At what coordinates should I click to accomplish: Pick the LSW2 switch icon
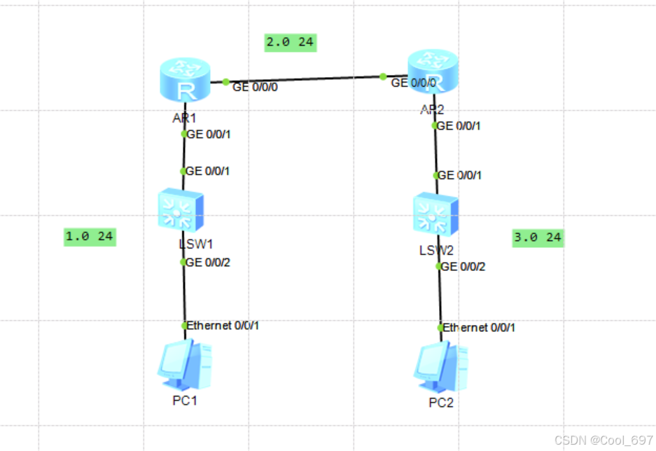(x=435, y=214)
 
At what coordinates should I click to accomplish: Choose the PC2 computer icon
(x=440, y=368)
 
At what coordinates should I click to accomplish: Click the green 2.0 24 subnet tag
(x=290, y=42)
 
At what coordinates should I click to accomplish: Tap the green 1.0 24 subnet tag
(x=89, y=237)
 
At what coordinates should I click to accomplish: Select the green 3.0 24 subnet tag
(x=538, y=238)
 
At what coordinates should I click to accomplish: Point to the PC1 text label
(x=185, y=401)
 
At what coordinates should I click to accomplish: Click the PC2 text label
(x=441, y=403)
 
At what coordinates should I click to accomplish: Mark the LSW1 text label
(x=195, y=244)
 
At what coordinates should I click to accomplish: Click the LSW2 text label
(x=437, y=250)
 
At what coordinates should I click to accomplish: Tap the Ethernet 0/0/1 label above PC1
(x=223, y=326)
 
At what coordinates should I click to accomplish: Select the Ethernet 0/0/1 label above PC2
(x=480, y=327)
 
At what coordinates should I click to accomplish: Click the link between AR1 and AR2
(x=305, y=79)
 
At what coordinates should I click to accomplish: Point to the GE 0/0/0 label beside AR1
(x=255, y=88)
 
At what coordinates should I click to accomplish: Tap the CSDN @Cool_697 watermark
(x=603, y=440)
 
